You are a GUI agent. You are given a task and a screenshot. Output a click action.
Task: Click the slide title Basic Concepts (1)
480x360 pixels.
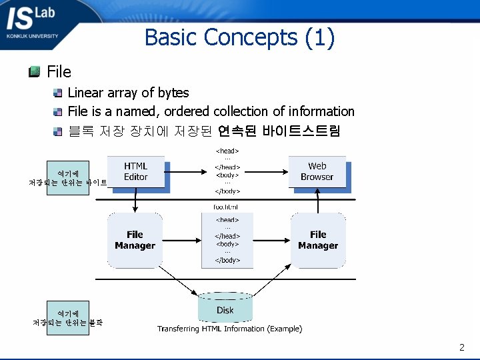239,37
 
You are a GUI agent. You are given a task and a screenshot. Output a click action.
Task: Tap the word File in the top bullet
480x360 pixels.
59,71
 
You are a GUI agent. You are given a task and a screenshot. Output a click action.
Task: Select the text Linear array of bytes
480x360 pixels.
128,93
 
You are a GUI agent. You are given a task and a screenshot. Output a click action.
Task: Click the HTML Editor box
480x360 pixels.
136,171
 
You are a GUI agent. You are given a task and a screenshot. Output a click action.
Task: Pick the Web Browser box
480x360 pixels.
317,171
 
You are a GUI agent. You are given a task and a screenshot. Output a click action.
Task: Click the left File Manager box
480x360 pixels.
135,240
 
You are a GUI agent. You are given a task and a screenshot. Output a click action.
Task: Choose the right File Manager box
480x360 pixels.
318,240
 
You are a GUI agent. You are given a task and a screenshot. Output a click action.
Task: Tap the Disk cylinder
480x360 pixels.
225,309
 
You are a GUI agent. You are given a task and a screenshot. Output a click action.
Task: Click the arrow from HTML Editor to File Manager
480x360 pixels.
136,200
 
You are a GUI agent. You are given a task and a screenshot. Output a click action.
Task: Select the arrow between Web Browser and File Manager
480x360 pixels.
318,200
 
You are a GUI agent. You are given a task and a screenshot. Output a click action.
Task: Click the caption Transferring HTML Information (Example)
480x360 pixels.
229,329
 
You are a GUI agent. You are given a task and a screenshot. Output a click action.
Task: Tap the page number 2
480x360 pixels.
461,347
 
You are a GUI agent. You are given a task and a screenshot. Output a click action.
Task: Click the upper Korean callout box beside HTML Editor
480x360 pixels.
67,178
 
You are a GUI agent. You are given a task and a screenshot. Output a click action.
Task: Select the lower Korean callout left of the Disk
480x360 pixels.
67,318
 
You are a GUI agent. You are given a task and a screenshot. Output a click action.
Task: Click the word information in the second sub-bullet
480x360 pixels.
321,111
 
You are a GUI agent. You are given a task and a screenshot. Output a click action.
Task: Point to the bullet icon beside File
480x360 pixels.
35,71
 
